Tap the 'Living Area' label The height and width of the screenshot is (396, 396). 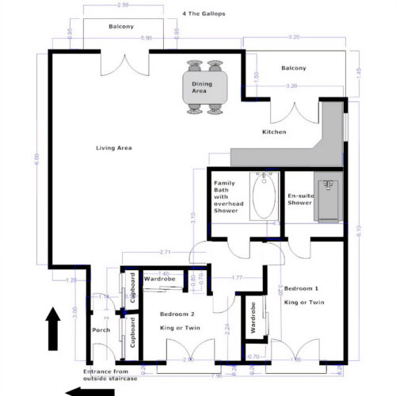tap(113, 148)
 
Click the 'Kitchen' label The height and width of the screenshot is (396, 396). tap(274, 131)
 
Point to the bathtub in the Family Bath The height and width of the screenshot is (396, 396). tap(261, 200)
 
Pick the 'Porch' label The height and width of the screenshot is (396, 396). tap(101, 329)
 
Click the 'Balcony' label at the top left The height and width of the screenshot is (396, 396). tap(121, 28)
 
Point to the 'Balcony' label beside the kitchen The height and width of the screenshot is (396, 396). tap(293, 68)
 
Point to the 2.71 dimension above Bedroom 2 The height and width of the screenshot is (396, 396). tap(166, 252)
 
